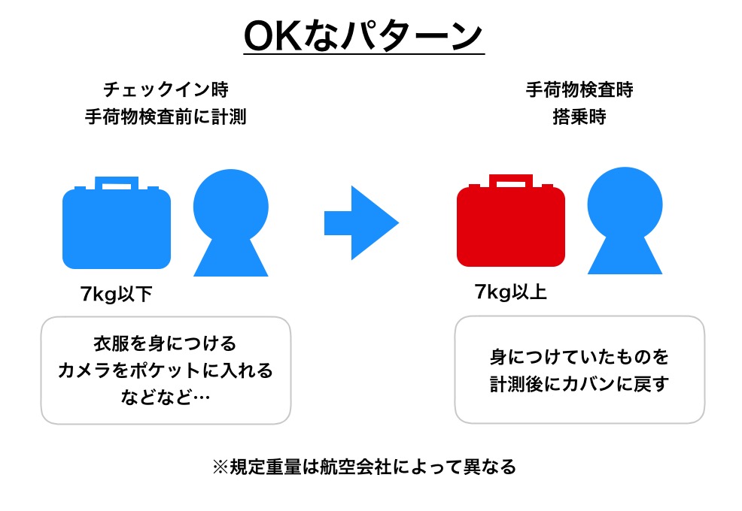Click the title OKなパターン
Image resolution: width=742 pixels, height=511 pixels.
pos(363,36)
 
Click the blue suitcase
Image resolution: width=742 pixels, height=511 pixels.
pos(117,223)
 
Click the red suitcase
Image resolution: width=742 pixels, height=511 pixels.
pos(511,221)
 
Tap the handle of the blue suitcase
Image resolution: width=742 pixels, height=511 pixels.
pos(117,183)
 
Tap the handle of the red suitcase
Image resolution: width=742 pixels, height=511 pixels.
pos(511,181)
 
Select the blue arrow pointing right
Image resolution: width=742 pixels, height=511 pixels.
pos(361,222)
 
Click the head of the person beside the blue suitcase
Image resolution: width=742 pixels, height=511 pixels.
pos(231,206)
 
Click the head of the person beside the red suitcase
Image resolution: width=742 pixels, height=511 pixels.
pos(625,204)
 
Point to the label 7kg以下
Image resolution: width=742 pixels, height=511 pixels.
pos(117,294)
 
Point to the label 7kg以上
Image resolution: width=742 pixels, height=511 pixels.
pos(511,292)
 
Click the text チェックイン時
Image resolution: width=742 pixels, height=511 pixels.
pos(166,89)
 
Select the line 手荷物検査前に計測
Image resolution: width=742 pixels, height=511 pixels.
pos(166,116)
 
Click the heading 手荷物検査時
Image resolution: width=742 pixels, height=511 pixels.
pos(579,89)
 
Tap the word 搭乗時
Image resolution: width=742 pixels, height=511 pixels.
pos(579,116)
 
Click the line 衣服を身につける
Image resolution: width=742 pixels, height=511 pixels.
pos(165,343)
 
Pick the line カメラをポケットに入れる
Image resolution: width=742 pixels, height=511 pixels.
pos(165,370)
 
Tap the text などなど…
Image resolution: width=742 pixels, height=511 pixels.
pos(165,397)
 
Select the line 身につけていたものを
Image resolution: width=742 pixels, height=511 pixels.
pos(579,356)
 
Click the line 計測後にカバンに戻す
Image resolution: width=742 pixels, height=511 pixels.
pos(579,383)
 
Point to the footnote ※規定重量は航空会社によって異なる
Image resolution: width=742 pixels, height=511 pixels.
pos(363,467)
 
